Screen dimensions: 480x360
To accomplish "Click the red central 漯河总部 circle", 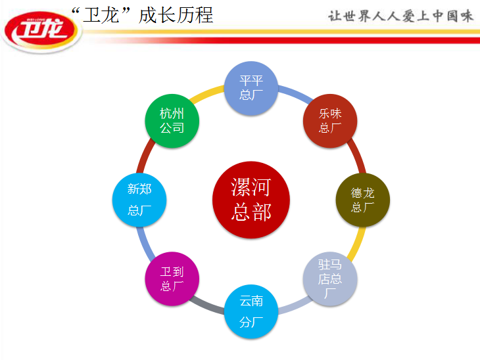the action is pos(251,200).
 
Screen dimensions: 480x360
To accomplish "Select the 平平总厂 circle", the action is pos(251,88).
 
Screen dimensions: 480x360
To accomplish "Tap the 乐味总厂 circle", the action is pos(330,121).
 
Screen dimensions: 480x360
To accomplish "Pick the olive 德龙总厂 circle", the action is pos(363,200).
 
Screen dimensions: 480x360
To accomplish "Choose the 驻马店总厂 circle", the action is pos(330,279).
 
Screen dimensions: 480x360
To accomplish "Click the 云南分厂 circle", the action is pos(251,311).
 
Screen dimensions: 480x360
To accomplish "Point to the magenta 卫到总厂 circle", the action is pos(172,279).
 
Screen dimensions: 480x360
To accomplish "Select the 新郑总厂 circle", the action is pos(139,200).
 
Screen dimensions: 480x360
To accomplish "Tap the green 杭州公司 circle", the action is pos(172,121).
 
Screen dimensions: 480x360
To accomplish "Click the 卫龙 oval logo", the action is pos(41,32).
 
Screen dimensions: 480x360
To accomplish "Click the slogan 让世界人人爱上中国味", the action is pos(400,16).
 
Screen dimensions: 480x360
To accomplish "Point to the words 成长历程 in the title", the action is pos(176,15).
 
